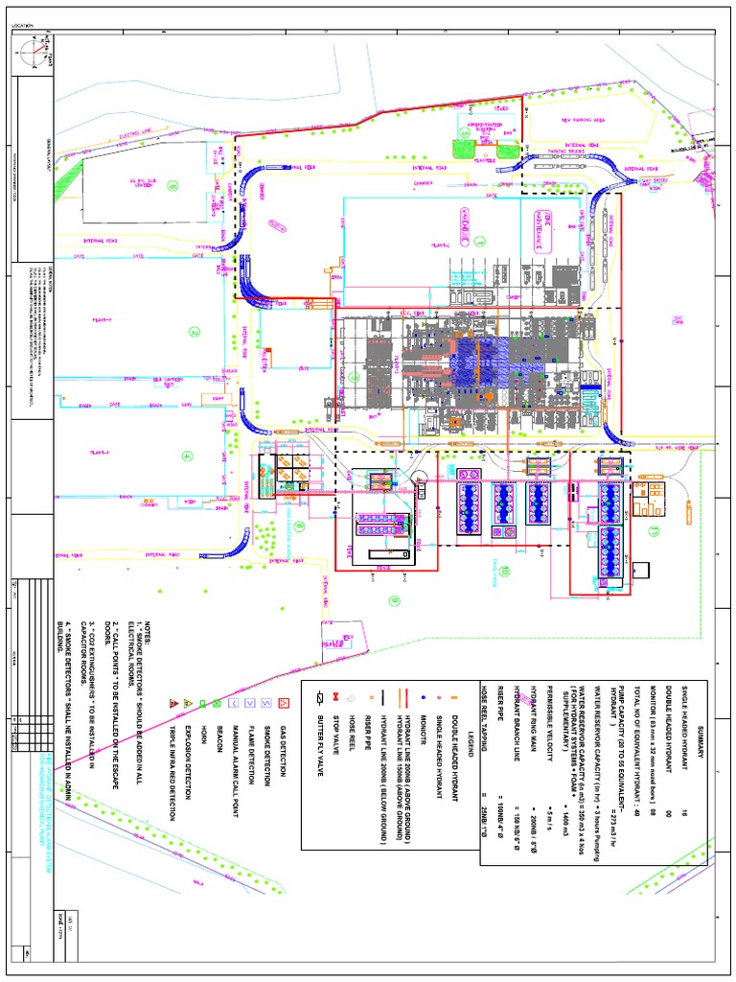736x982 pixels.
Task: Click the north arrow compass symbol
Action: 36,49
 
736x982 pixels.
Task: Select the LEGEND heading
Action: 471,737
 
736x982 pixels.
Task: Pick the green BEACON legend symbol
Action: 218,702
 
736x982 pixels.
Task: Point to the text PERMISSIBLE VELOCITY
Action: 549,749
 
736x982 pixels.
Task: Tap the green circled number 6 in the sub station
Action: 172,184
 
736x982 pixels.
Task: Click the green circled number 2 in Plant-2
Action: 195,333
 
